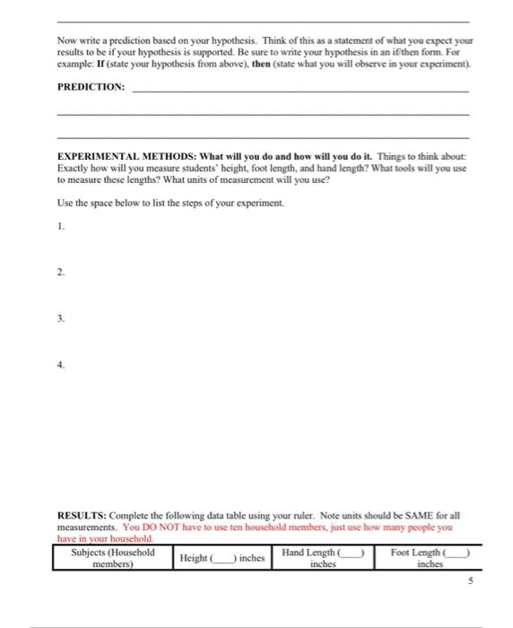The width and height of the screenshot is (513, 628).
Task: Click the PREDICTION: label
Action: pyautogui.click(x=91, y=89)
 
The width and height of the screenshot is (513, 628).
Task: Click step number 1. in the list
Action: pyautogui.click(x=59, y=226)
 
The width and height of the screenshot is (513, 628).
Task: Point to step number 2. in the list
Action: pyautogui.click(x=59, y=270)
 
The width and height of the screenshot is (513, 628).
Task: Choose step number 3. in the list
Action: pyautogui.click(x=59, y=317)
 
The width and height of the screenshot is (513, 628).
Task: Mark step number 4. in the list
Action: pyautogui.click(x=59, y=365)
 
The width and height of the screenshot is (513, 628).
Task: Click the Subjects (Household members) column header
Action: pyautogui.click(x=112, y=558)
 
